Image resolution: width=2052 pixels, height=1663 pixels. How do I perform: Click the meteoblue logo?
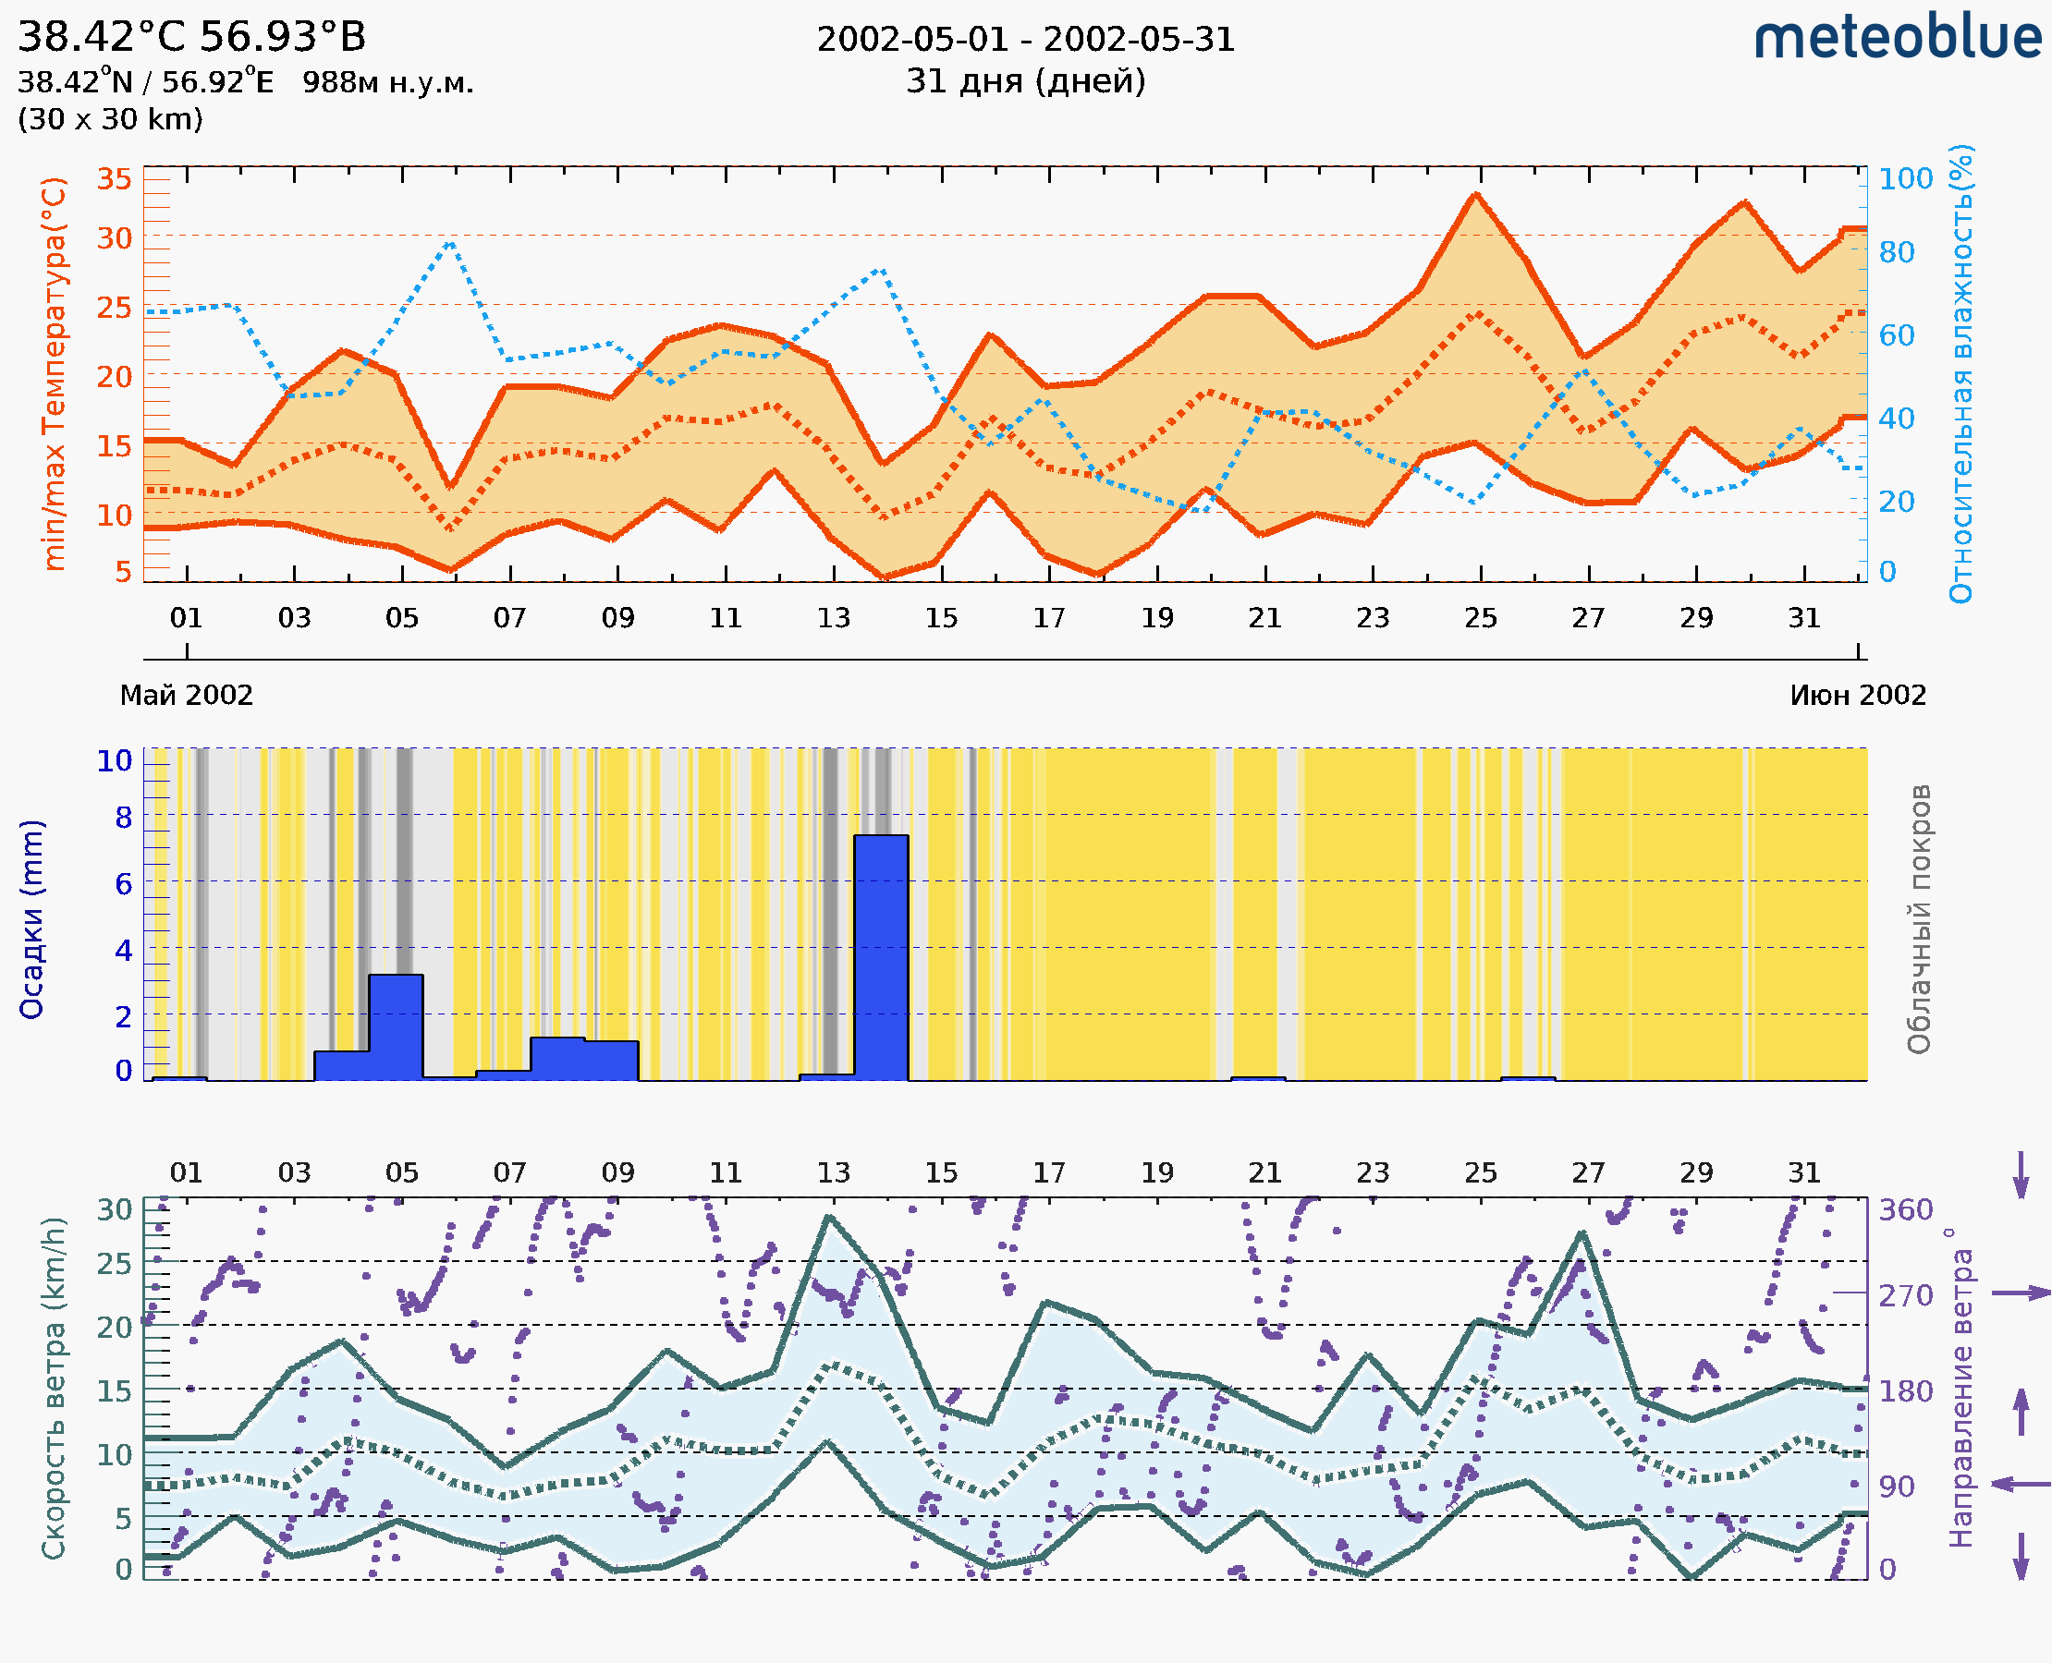click(1897, 38)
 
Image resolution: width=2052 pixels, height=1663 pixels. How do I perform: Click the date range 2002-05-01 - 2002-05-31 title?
click(1025, 40)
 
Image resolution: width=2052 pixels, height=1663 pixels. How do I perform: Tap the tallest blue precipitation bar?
click(881, 957)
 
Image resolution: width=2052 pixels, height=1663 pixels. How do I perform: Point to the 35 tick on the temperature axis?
click(114, 179)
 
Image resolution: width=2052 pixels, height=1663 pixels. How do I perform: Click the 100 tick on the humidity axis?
click(1905, 179)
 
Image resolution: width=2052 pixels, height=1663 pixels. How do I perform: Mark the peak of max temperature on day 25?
click(1476, 194)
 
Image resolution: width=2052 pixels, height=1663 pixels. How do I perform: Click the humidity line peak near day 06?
click(450, 242)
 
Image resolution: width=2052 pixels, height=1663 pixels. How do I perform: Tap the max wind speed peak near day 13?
click(829, 1217)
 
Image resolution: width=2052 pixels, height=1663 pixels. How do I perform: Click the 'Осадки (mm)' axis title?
click(31, 919)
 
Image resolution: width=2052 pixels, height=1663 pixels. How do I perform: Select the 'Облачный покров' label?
click(1918, 919)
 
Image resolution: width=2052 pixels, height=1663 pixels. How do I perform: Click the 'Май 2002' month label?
click(186, 696)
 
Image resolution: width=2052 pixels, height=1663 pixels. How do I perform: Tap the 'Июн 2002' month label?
click(1858, 696)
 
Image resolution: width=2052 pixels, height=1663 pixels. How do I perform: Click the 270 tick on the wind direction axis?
click(1905, 1296)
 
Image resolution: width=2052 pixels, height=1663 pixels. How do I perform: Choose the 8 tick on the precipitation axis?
click(123, 818)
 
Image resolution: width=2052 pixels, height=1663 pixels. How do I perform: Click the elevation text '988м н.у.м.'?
click(387, 83)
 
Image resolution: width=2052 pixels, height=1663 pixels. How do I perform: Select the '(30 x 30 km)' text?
click(110, 120)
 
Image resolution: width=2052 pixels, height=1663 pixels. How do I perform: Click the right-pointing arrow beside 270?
click(2021, 1293)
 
